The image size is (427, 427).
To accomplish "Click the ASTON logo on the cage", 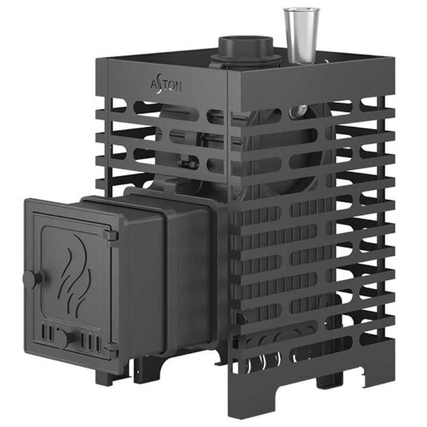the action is (x=166, y=86).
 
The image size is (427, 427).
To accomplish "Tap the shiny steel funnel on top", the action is (x=302, y=35).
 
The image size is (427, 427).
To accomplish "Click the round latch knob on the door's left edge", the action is (x=33, y=279).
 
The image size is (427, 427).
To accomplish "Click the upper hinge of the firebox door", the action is (x=111, y=235).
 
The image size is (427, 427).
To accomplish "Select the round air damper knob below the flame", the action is (x=65, y=338).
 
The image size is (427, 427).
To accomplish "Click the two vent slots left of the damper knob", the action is (x=47, y=331).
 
